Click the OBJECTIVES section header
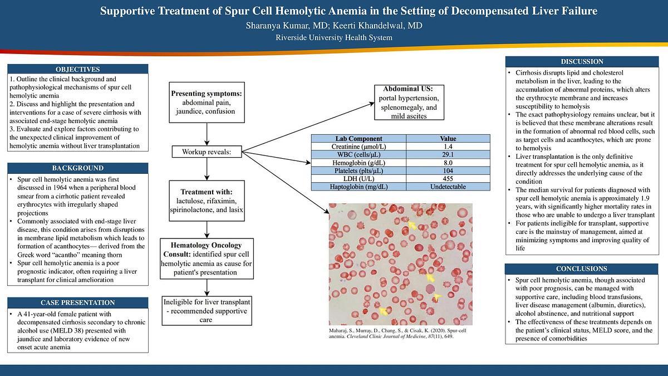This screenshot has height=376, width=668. [x=78, y=69]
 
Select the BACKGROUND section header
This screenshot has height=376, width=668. [x=78, y=168]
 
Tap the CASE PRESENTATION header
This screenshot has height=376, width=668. [x=78, y=302]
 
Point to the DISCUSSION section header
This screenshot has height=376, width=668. [x=582, y=61]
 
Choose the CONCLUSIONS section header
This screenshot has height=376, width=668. [x=582, y=268]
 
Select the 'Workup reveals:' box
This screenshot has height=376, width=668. [x=207, y=152]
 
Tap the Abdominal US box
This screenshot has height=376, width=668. [x=408, y=102]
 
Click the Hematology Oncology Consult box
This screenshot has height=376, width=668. [x=207, y=258]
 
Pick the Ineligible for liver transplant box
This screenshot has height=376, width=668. [x=207, y=311]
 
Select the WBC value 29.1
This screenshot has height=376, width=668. [x=448, y=154]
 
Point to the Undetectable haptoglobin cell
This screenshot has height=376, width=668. [x=448, y=187]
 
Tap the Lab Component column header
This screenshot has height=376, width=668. [x=358, y=139]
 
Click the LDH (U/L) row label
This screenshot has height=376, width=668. [x=358, y=178]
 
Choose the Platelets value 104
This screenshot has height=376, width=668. [x=448, y=170]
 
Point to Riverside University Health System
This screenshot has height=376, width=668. [x=334, y=38]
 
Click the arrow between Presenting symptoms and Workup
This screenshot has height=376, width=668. [x=207, y=134]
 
